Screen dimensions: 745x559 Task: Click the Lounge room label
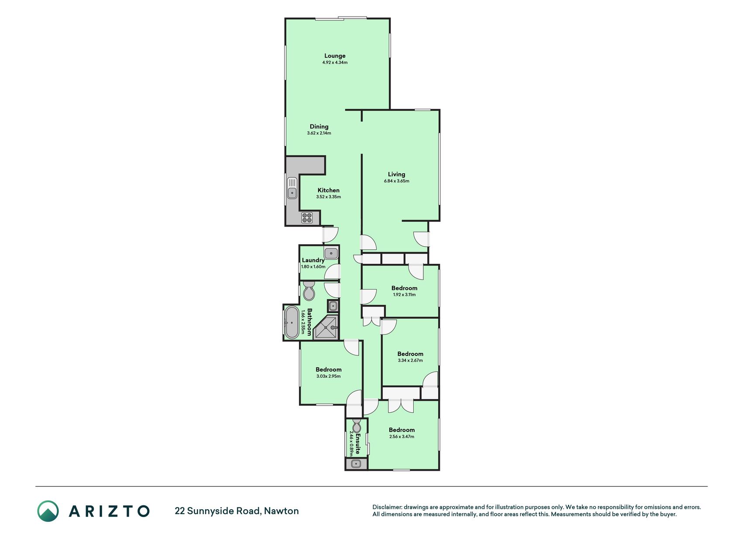pos(335,56)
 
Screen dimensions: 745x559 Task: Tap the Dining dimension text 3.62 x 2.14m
pos(319,133)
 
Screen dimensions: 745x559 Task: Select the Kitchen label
pos(329,190)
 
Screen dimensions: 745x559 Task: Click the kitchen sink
pos(292,188)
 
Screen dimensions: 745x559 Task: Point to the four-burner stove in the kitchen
pos(307,217)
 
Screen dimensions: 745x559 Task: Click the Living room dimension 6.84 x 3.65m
pos(397,181)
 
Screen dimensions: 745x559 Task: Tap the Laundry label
pos(313,260)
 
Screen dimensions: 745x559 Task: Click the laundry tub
pos(331,253)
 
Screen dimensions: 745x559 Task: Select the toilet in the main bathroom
pos(309,291)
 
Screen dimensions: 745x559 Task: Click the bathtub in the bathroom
pos(292,323)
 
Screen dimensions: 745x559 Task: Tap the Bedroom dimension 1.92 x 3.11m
pos(405,295)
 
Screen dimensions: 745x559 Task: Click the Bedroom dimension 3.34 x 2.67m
pos(410,361)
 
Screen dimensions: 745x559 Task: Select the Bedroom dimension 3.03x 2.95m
pos(329,376)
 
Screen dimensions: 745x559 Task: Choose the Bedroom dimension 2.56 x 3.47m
pos(402,437)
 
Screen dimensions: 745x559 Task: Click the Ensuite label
pos(358,444)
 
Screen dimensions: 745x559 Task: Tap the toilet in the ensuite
pos(357,426)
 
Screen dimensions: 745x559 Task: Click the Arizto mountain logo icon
pos(48,511)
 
